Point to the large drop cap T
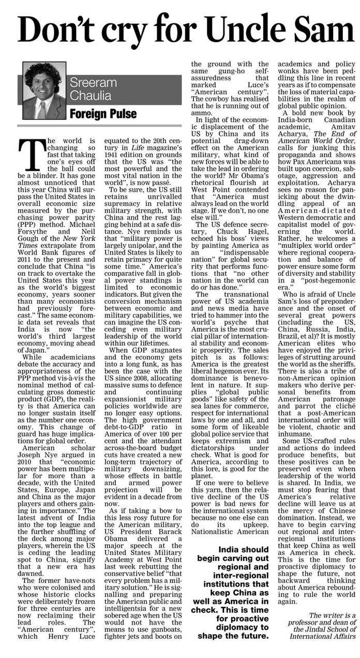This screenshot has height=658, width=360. (28, 153)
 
